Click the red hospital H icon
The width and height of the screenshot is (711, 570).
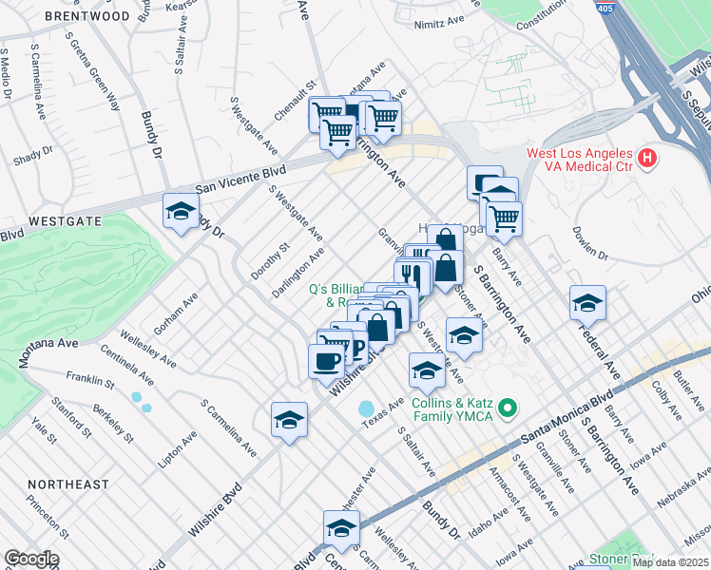click(647, 157)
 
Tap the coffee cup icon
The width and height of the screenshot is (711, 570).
click(327, 360)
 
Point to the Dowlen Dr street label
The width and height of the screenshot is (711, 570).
click(589, 243)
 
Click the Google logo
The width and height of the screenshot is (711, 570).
click(31, 559)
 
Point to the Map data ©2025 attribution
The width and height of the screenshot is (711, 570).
click(670, 562)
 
